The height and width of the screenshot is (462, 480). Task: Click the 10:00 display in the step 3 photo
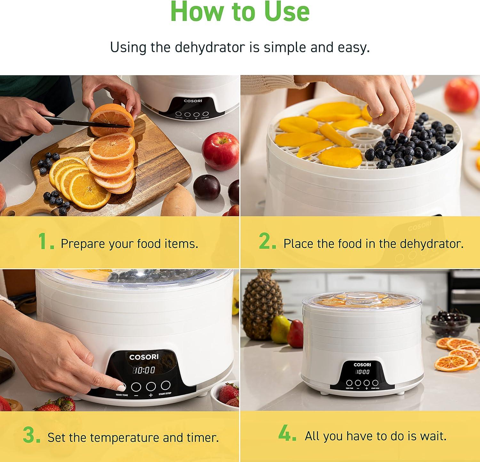coord(144,370)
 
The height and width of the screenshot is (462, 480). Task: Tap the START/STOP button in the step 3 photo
coord(165,385)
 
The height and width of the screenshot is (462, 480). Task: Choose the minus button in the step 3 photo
coord(136,387)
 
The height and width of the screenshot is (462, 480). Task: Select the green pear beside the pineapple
coord(280,329)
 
